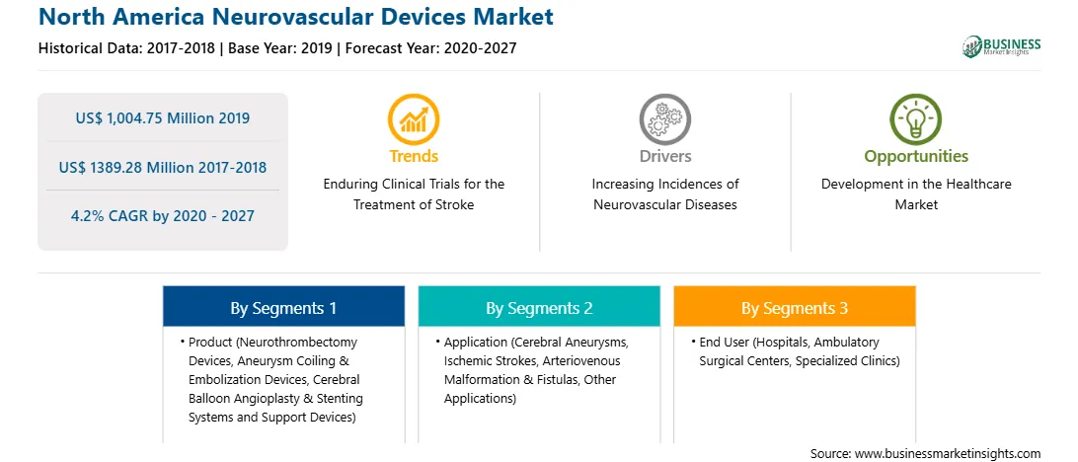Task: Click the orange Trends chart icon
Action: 414,118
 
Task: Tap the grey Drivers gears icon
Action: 664,118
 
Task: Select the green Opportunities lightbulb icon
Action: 916,118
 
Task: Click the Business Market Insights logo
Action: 1002,46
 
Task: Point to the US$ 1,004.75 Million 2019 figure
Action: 163,118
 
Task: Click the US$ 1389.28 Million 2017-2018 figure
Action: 163,167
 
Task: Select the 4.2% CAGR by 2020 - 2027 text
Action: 163,216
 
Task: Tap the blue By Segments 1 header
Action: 283,307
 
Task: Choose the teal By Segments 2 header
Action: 539,307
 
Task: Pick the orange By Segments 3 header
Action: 795,307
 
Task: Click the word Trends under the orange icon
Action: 414,157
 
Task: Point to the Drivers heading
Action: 664,157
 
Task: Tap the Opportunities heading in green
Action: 916,157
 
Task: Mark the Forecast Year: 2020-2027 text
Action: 430,48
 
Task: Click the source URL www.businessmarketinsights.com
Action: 947,453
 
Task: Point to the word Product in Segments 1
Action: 209,342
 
